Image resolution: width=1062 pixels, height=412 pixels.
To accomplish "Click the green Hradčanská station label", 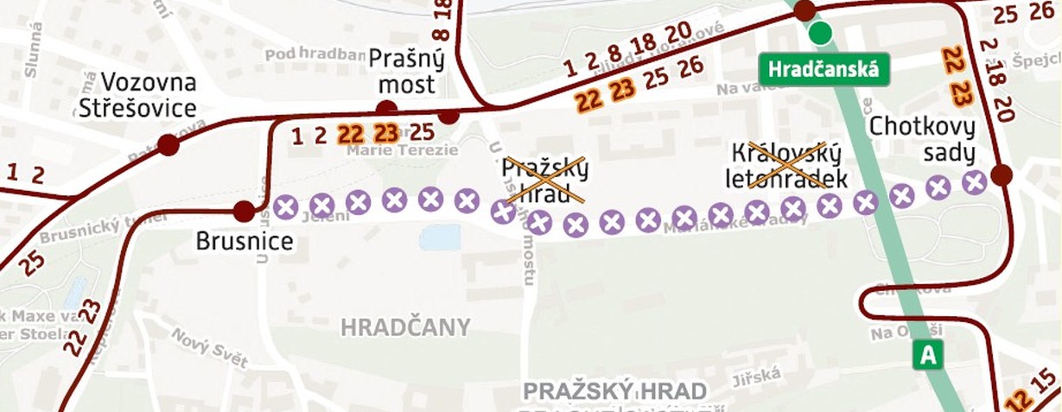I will (824, 69).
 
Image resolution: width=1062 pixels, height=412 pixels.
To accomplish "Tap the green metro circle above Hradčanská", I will (820, 35).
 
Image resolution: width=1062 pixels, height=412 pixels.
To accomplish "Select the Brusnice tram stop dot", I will (245, 211).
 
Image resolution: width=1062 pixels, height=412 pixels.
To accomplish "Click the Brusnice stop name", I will (245, 243).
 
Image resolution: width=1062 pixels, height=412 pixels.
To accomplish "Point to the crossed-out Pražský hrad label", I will (544, 180).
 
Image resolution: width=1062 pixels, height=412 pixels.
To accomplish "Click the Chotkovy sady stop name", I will (922, 141).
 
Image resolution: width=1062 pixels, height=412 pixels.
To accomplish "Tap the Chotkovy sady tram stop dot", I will (1002, 175).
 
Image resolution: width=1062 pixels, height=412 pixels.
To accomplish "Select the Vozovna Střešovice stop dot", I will (169, 144).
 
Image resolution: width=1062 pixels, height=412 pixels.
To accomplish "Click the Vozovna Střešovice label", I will (137, 96).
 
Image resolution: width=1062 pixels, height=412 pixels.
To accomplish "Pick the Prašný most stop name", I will (406, 73).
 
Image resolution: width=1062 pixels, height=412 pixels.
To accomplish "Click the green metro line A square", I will (929, 354).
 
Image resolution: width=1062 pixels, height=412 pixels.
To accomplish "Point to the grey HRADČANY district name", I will (405, 327).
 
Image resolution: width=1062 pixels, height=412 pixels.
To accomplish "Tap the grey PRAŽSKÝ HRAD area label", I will (614, 391).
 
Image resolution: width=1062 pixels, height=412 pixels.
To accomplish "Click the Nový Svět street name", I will (208, 346).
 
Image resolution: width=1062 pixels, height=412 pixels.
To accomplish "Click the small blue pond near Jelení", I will (440, 238).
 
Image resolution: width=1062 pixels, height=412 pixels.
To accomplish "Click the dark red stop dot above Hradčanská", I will (804, 10).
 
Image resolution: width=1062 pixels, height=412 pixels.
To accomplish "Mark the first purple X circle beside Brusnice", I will (286, 206).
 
